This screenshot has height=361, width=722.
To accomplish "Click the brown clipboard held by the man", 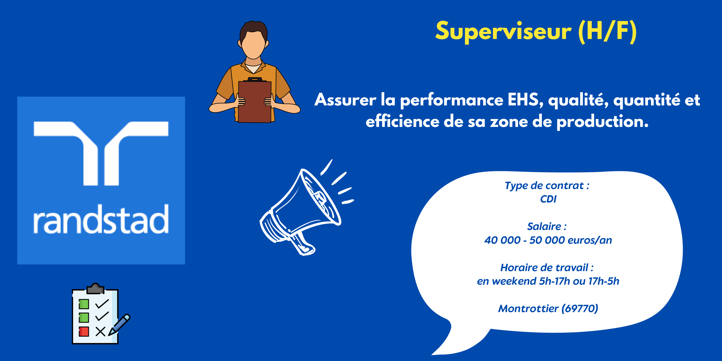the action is click(255, 100).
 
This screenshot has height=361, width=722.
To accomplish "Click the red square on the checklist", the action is click(84, 331).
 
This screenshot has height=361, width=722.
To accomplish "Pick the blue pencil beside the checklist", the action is click(119, 325).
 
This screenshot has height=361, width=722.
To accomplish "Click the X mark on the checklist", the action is click(100, 332).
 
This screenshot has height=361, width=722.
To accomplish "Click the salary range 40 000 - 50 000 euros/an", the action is click(548, 240).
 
